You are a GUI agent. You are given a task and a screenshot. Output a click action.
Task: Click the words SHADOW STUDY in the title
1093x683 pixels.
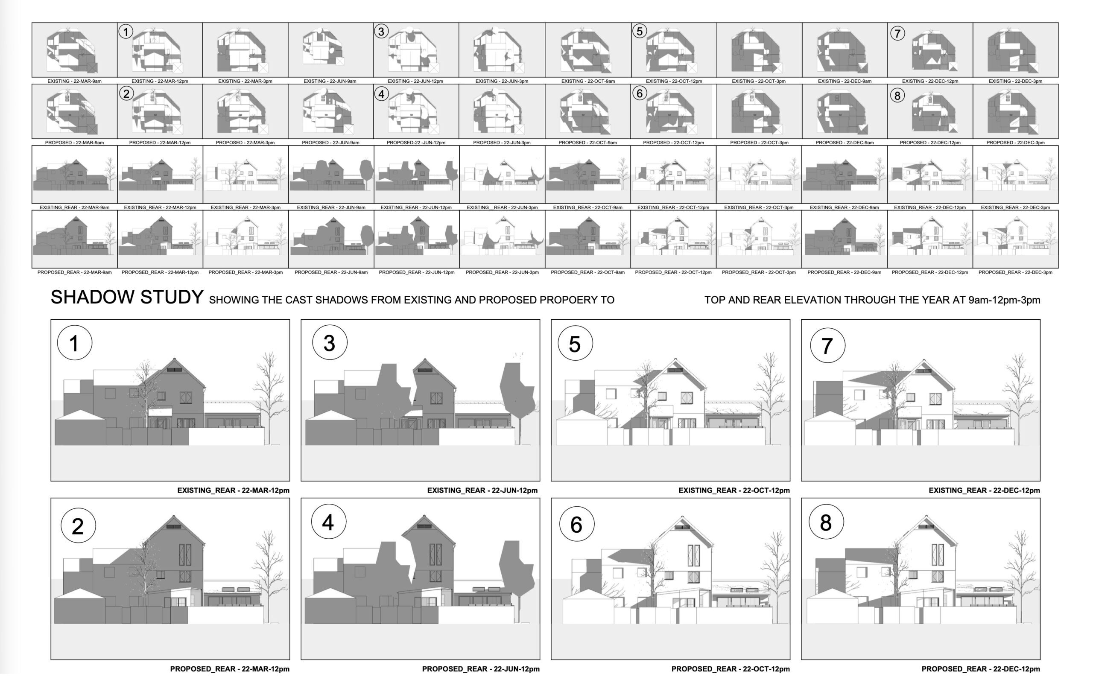[x=127, y=297]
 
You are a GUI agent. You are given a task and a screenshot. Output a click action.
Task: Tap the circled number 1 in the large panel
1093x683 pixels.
[x=75, y=343]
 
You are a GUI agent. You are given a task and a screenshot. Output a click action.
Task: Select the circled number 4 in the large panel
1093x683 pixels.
[x=328, y=522]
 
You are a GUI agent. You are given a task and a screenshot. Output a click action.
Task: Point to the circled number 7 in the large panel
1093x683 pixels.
[x=827, y=346]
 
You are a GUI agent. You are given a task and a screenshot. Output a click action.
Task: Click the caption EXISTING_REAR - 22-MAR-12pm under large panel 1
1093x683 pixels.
[x=233, y=490]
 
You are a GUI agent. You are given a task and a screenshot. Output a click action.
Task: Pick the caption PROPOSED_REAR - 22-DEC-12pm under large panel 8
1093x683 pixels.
[x=981, y=669]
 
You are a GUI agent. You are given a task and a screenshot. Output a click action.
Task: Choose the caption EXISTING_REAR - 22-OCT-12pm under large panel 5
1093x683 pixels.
[x=734, y=490]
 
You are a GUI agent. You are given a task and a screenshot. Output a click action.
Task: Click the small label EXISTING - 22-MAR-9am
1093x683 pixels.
[x=75, y=81]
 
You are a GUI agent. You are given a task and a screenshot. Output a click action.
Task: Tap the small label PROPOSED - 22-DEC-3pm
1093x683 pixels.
[x=1015, y=143]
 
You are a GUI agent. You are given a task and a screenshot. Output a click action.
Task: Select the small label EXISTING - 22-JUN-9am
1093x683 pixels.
[x=330, y=81]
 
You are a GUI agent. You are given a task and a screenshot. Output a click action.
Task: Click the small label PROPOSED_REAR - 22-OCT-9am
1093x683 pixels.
[x=587, y=272]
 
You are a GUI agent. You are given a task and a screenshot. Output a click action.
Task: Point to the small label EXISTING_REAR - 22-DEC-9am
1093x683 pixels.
[x=844, y=208]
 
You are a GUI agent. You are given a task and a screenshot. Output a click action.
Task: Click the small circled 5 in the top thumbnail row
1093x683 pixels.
[x=640, y=31]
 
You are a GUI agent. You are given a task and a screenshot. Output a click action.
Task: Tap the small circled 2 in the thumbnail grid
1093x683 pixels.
[x=126, y=93]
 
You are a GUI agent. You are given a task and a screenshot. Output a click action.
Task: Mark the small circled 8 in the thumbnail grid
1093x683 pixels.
[x=897, y=96]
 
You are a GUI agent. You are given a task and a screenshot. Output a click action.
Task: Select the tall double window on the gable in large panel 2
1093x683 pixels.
[x=185, y=555]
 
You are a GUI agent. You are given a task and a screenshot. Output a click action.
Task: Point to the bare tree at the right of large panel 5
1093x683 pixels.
[x=766, y=397]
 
